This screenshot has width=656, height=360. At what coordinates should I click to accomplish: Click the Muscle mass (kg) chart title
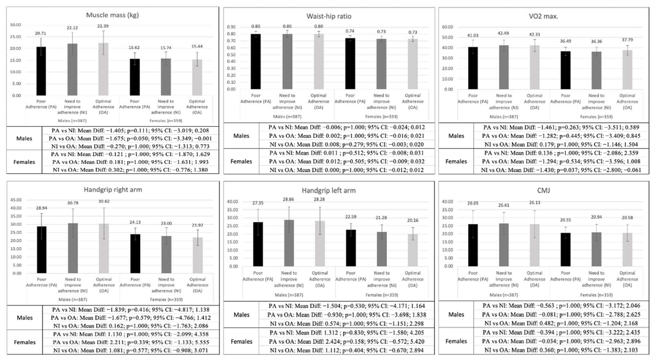point(112,15)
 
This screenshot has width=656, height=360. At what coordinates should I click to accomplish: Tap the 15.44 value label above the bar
point(197,46)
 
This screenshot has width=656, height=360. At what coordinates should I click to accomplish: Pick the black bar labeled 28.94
point(41,250)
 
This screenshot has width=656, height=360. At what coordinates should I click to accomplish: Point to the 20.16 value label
point(413,220)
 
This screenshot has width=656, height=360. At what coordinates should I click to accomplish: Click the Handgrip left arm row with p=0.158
point(347,341)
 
